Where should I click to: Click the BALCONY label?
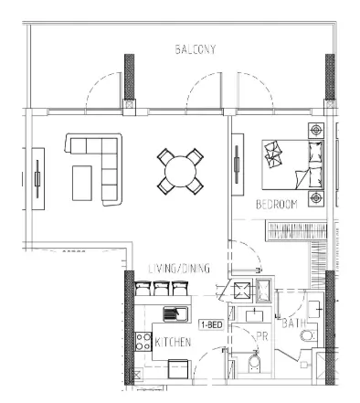(196, 50)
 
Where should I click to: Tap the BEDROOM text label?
(277, 204)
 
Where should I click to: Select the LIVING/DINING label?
(180, 269)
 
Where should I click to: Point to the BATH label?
(294, 323)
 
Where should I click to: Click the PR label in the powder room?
(261, 336)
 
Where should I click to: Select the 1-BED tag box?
(211, 324)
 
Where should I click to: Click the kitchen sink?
(174, 314)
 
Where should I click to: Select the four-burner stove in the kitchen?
(143, 344)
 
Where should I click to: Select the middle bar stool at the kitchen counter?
(161, 291)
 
